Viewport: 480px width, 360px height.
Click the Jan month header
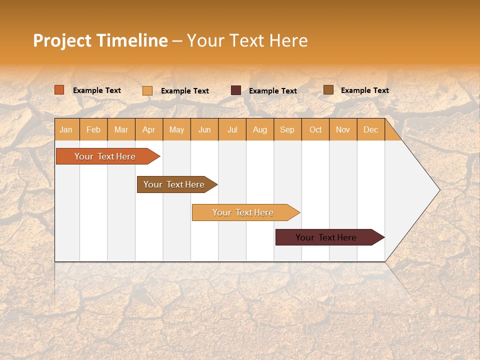(66, 130)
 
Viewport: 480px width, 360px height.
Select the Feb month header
(93, 130)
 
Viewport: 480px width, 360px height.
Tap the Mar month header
(121, 130)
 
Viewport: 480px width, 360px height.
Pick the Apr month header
(149, 130)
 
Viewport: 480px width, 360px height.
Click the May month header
(176, 130)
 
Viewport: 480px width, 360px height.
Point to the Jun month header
(204, 130)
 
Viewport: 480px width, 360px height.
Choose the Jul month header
(232, 130)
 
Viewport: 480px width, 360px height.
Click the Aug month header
(260, 130)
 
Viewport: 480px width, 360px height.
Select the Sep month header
(287, 130)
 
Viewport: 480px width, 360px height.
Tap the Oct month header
(315, 130)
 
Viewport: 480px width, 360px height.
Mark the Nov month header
(343, 130)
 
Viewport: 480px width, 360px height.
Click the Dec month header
(370, 130)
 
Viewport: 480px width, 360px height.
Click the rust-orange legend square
(59, 90)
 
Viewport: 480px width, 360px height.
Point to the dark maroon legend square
(236, 90)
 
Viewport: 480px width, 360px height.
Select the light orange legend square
(147, 90)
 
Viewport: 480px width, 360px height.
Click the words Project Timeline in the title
(100, 40)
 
